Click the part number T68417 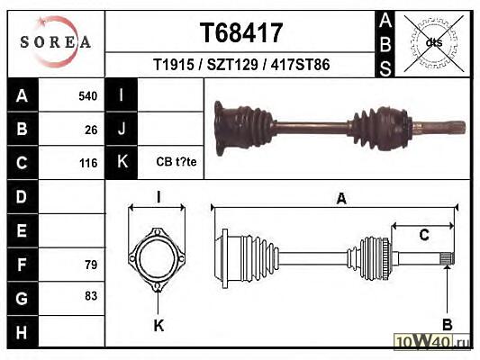[241, 32]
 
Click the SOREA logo [56, 41]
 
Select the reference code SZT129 [232, 65]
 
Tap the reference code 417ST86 [300, 65]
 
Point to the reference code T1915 [174, 65]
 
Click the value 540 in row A [88, 96]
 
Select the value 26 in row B [91, 130]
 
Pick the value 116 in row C [88, 163]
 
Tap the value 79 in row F [91, 265]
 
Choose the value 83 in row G [91, 296]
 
